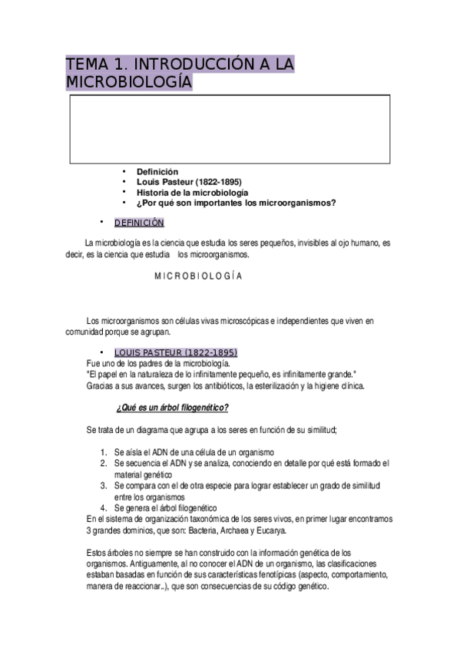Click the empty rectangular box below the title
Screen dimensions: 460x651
point(230,127)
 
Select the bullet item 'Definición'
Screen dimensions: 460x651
point(157,172)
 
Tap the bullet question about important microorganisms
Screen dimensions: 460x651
point(237,203)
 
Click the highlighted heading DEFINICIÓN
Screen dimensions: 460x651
point(139,223)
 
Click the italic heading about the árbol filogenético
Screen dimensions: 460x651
point(172,406)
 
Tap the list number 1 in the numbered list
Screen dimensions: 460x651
point(103,453)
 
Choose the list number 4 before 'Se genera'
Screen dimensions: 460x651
point(103,508)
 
